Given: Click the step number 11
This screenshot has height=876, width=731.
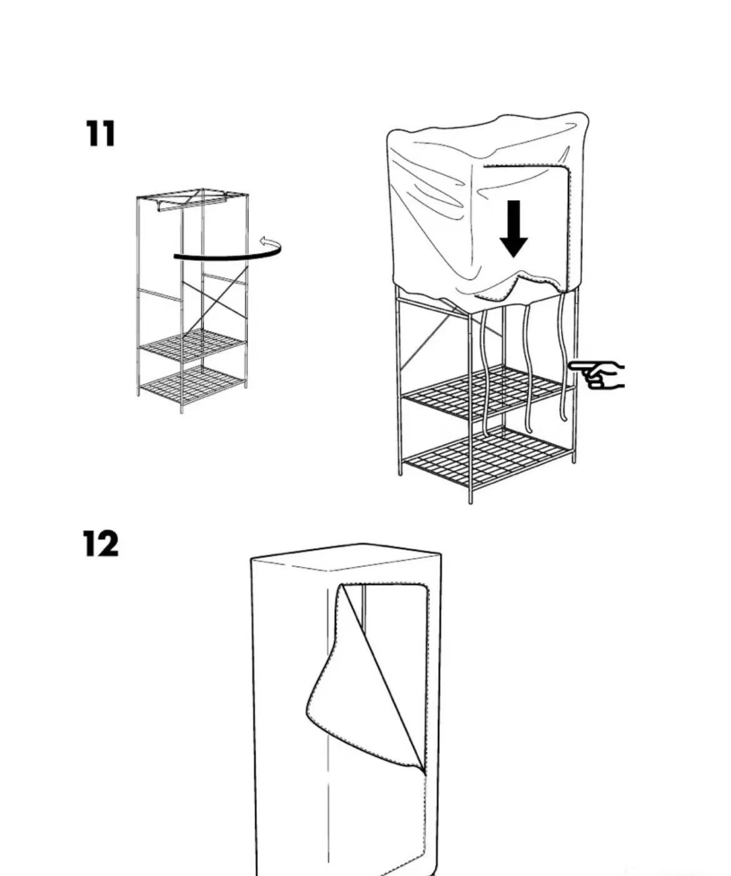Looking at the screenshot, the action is [x=100, y=133].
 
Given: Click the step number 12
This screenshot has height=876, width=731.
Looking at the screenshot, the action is [x=101, y=543].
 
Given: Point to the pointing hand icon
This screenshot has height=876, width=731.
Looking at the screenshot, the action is [x=596, y=375].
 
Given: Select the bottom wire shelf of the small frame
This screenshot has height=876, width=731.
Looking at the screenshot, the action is [x=192, y=384].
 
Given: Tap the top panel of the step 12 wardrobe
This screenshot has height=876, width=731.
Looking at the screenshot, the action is [x=346, y=556].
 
